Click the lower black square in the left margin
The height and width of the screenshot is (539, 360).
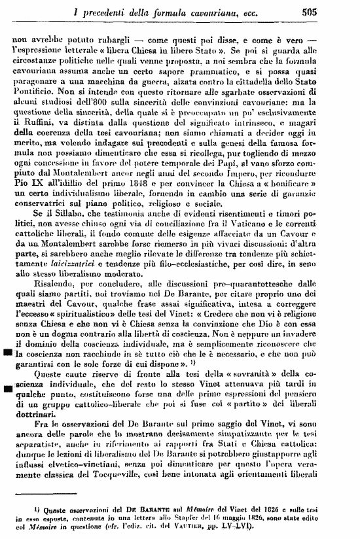(x=7, y=390)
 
